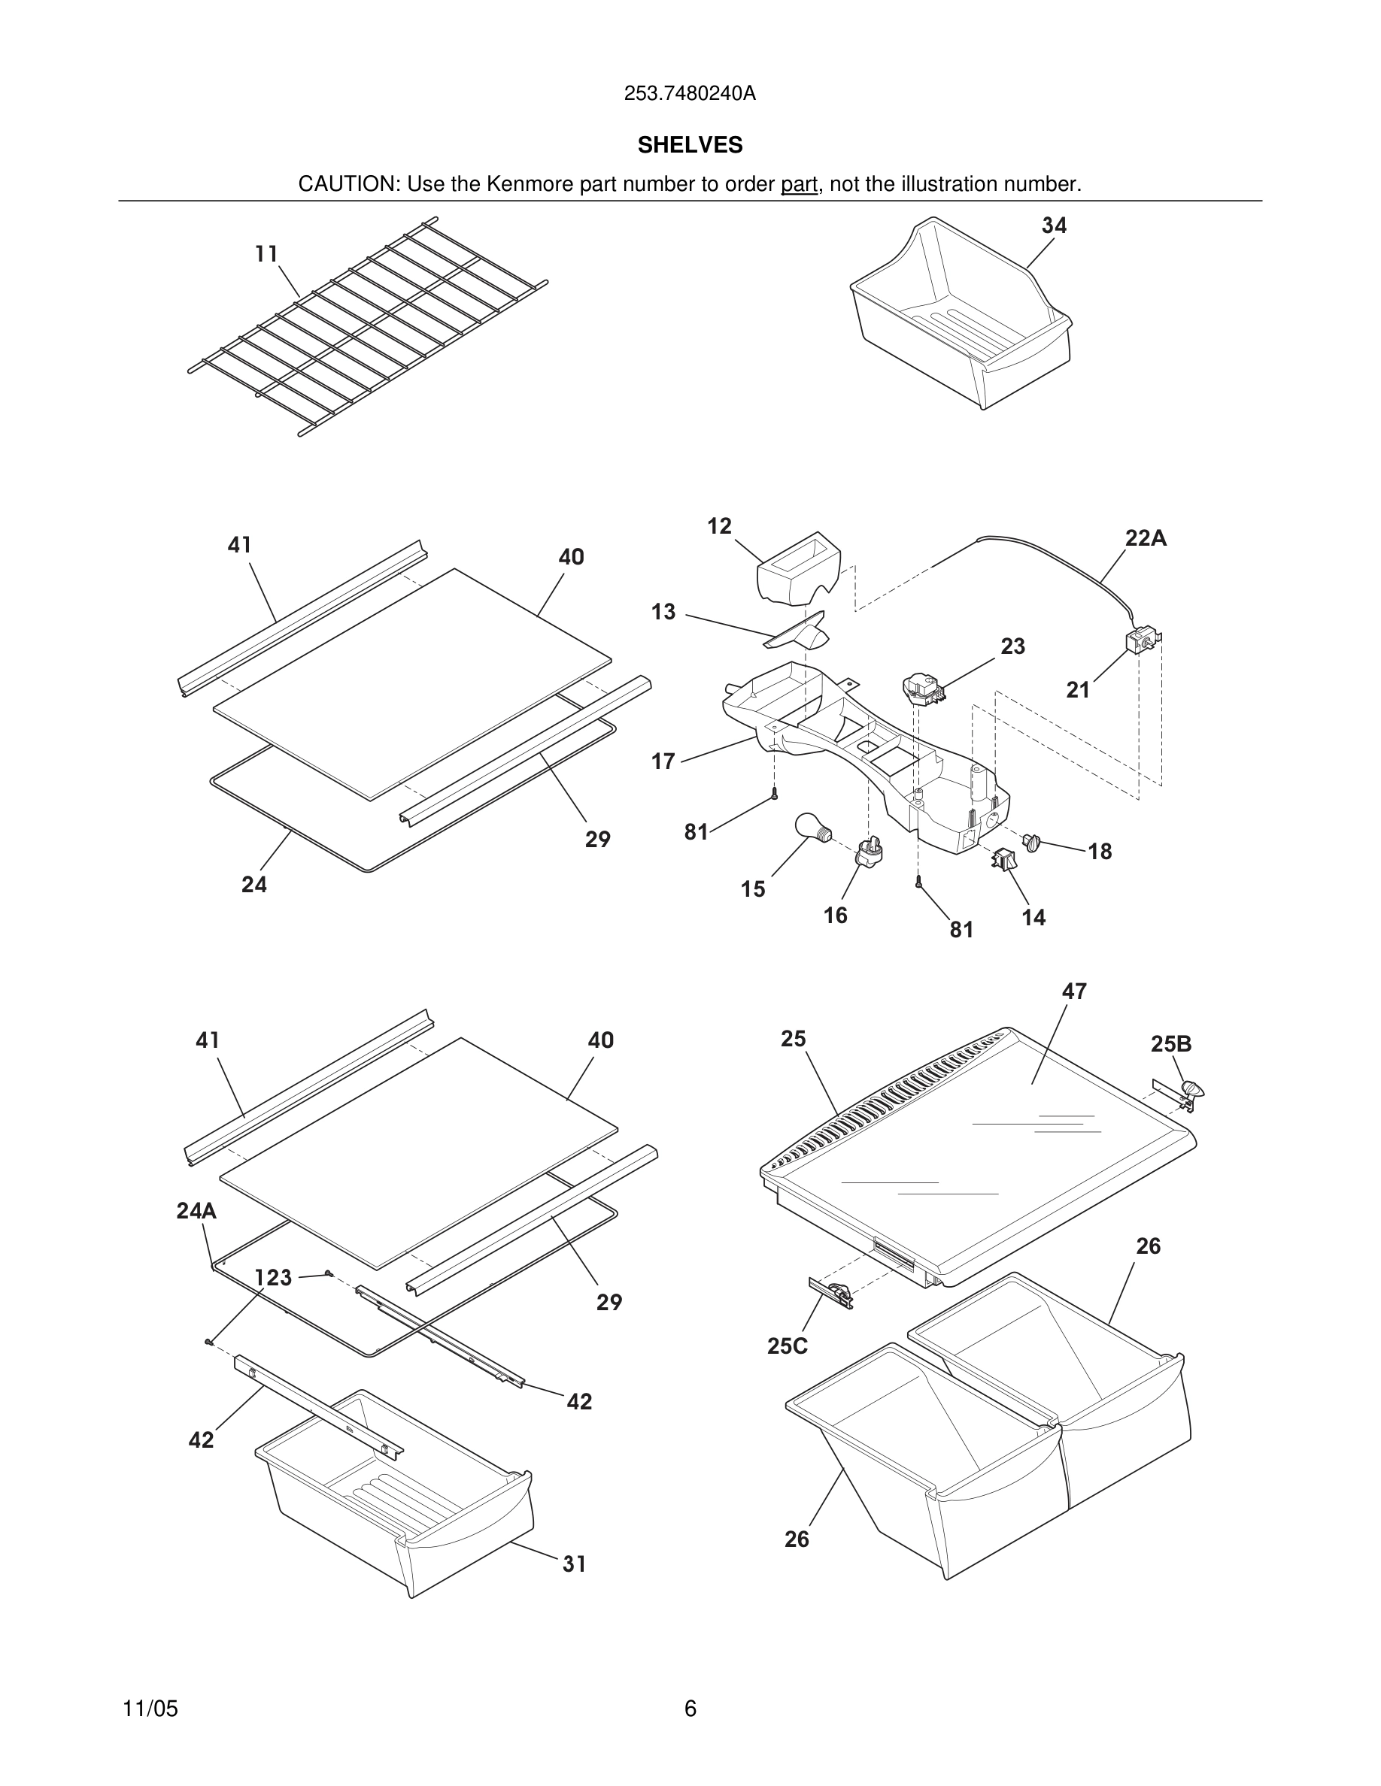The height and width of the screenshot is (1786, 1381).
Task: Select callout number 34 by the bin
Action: pyautogui.click(x=1054, y=226)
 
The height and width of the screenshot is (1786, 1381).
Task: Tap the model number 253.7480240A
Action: pyautogui.click(x=690, y=94)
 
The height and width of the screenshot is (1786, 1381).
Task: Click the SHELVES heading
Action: pyautogui.click(x=690, y=146)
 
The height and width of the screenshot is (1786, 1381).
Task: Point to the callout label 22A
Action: pyautogui.click(x=1146, y=538)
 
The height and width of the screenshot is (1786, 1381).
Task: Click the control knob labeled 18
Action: pyautogui.click(x=1032, y=840)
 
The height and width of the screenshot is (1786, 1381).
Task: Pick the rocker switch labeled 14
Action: pyautogui.click(x=1003, y=859)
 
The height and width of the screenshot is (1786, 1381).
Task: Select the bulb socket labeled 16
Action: pyautogui.click(x=869, y=854)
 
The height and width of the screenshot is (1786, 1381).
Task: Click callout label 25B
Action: pyautogui.click(x=1170, y=1044)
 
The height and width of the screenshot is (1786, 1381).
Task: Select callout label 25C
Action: pyautogui.click(x=787, y=1346)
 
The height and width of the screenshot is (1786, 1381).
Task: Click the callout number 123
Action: pyautogui.click(x=273, y=1277)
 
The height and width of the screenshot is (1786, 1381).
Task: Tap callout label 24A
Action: pyautogui.click(x=196, y=1211)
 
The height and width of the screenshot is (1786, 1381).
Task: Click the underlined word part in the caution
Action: pyautogui.click(x=799, y=185)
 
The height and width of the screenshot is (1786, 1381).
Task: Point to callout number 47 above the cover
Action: pyautogui.click(x=1073, y=991)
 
